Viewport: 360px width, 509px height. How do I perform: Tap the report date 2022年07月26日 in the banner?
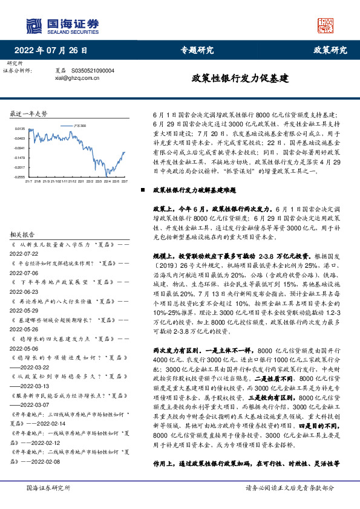point(54,50)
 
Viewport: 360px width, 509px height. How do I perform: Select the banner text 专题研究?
point(197,50)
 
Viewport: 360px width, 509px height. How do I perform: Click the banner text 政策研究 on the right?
point(330,50)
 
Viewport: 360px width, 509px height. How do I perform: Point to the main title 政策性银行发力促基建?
point(240,79)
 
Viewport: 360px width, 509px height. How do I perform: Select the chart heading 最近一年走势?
point(28,114)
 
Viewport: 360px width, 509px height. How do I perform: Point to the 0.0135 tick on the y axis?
point(19,128)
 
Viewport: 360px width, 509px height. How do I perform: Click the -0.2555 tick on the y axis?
point(19,177)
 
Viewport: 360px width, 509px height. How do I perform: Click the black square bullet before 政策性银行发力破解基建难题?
point(143,190)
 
